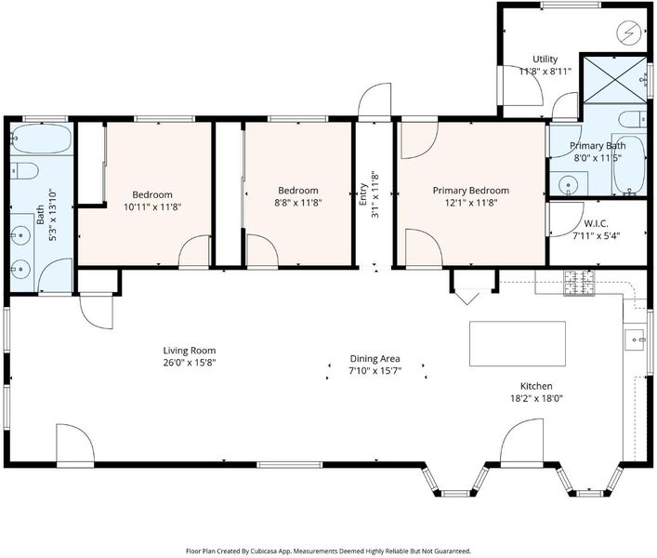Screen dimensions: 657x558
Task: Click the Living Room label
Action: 190,351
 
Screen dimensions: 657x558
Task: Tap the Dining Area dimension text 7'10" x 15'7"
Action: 375,370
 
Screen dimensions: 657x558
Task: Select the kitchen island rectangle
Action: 518,344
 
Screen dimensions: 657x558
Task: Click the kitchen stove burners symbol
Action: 579,283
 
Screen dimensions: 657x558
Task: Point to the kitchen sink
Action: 635,339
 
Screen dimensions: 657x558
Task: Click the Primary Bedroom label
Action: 471,191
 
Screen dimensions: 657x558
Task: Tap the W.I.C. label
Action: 596,223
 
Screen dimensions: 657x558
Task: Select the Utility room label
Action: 545,60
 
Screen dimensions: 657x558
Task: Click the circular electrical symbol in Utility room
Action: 629,33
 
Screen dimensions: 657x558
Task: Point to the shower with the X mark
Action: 615,80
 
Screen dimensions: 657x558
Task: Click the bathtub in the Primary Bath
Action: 629,165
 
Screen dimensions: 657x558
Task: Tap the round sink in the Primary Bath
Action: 569,183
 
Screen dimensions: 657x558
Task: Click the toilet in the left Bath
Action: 24,171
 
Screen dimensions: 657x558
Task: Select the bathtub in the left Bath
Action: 41,139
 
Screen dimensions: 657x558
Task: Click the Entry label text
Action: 362,194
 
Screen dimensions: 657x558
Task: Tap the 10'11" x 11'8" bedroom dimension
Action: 152,206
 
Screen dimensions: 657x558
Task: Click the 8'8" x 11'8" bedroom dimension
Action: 298,203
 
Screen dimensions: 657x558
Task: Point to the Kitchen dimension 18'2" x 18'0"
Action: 536,398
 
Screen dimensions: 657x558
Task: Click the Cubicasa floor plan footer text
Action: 328,551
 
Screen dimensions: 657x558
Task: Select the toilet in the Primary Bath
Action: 632,119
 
